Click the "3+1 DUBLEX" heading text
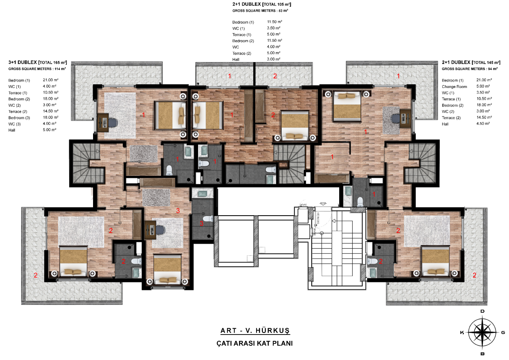[x=22, y=63]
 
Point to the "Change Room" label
[x=454, y=87]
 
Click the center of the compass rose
[x=482, y=333]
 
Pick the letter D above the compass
[x=482, y=311]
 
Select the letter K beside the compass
[x=462, y=333]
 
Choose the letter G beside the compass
[x=503, y=333]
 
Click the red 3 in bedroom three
[x=178, y=211]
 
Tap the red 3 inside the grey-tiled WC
[x=201, y=224]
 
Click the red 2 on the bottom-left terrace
[x=35, y=275]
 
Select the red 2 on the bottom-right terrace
[x=474, y=275]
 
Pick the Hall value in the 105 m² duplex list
[x=274, y=59]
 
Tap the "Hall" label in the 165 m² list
[x=12, y=130]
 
